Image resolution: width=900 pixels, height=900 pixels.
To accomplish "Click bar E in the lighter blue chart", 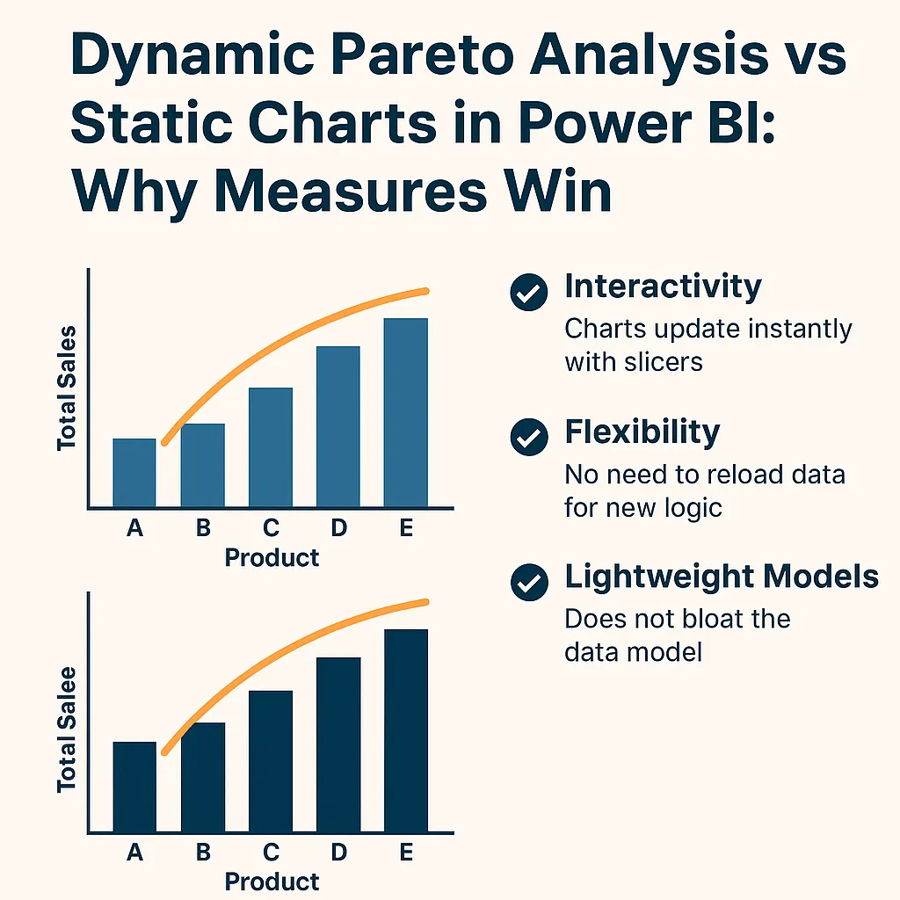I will pos(405,412).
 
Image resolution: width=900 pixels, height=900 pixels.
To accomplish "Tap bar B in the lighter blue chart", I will pos(203,465).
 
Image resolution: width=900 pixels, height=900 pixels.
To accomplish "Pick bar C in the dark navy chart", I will pos(271,761).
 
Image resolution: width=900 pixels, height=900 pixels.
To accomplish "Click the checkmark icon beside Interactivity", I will pos(528,293).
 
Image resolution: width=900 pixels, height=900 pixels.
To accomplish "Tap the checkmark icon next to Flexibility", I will pos(528,437).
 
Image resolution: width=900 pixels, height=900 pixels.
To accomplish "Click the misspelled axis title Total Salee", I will pos(68,729).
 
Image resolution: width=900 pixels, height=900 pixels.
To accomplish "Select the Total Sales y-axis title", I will pos(68,388).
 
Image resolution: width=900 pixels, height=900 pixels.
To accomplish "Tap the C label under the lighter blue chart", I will pos(271,527).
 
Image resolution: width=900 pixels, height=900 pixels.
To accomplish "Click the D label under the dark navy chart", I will pos(338,852).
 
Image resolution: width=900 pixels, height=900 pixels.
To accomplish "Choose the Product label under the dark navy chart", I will pos(272,881).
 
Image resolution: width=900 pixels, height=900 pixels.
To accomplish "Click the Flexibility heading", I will pos(642,432).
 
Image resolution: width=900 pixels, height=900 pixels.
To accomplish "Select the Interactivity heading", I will pos(663,287).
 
